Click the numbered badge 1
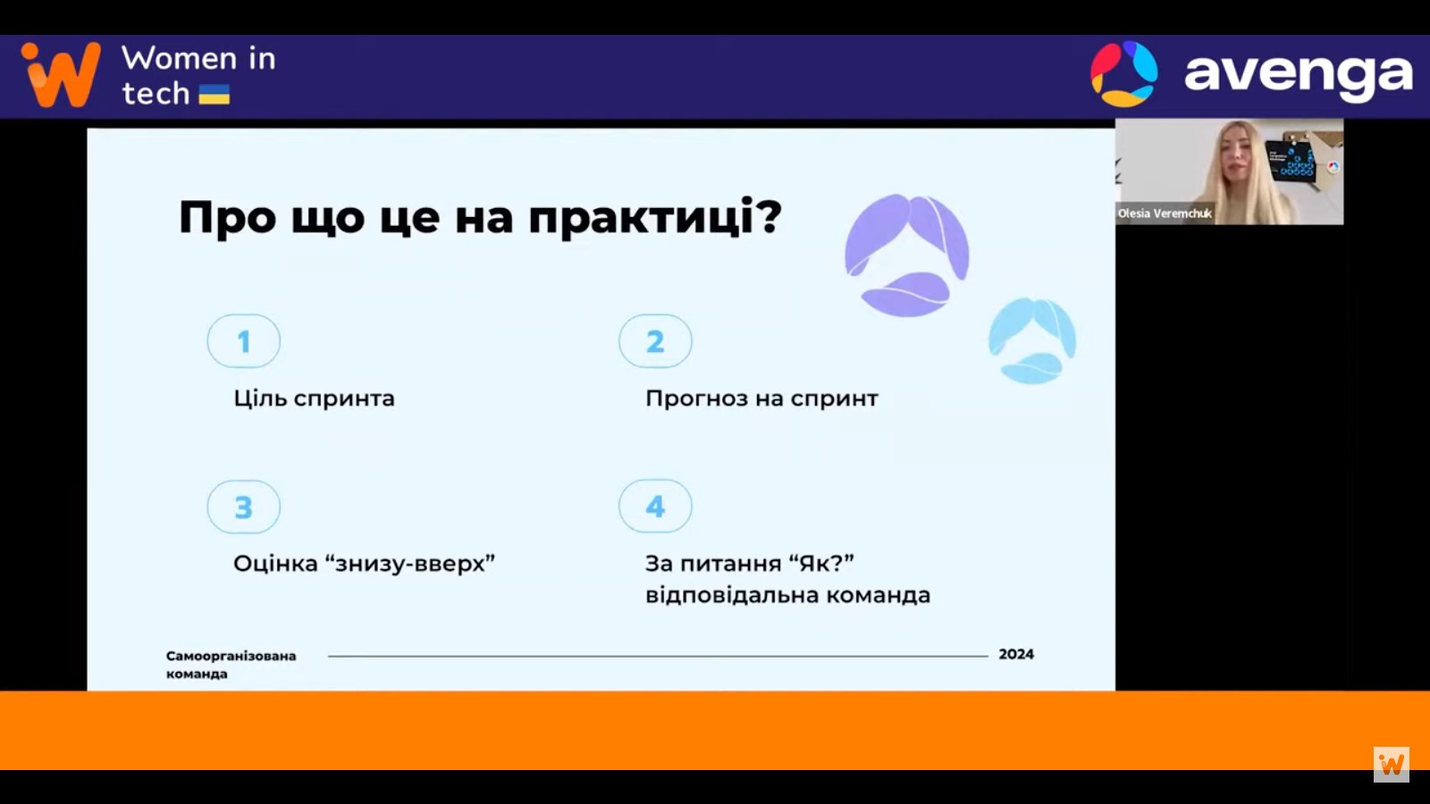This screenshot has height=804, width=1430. (x=243, y=340)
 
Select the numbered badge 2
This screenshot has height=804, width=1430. (x=655, y=340)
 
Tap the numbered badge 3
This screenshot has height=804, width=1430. (x=243, y=507)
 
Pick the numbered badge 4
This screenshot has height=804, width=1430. (x=655, y=506)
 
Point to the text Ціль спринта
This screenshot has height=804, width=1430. (x=314, y=398)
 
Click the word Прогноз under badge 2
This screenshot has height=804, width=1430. (x=696, y=398)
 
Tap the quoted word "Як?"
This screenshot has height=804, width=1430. (x=822, y=564)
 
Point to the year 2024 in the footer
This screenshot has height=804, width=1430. (x=1016, y=654)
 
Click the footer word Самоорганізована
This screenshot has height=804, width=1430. (x=231, y=656)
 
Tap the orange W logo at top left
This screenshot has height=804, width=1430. (x=61, y=74)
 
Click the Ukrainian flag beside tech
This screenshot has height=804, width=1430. (x=214, y=95)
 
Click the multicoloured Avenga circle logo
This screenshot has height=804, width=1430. (x=1123, y=74)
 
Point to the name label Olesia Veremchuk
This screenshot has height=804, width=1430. (x=1165, y=214)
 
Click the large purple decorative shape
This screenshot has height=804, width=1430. (x=907, y=255)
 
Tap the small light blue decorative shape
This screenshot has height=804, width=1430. (x=1032, y=340)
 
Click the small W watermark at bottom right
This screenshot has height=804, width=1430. (x=1392, y=765)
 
